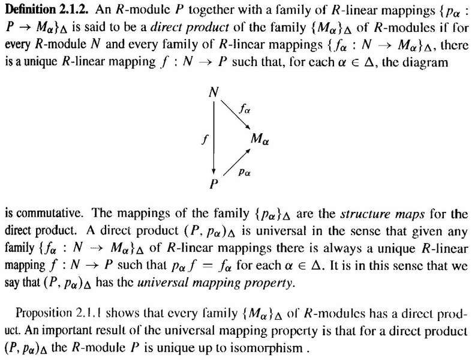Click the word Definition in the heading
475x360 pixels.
(x=30, y=10)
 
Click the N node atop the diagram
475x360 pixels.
(x=214, y=92)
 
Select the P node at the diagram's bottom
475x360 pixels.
(x=214, y=184)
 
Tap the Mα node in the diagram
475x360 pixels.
(x=260, y=139)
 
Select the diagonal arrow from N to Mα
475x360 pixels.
(x=235, y=115)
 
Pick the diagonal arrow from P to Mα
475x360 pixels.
(x=237, y=162)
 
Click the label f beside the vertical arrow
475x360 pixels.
(x=205, y=139)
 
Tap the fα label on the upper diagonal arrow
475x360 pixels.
(x=245, y=109)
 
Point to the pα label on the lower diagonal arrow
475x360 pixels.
(x=244, y=172)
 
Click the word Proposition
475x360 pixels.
(x=43, y=313)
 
